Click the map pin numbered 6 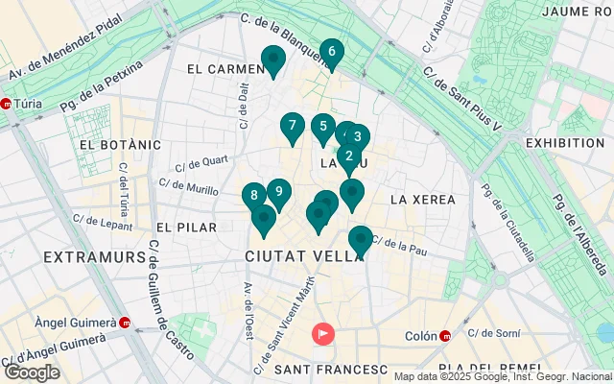tap(331, 53)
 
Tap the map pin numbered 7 tap(292, 126)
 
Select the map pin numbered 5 tap(322, 127)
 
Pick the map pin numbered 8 tap(253, 196)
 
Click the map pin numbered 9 tap(278, 192)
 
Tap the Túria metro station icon tap(8, 105)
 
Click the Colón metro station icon tap(445, 335)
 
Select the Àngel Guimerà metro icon tap(127, 323)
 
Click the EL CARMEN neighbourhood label tap(225, 68)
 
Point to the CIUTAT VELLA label tap(288, 256)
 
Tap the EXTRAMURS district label tap(93, 257)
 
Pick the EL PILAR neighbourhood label tap(186, 228)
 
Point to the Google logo tap(32, 372)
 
